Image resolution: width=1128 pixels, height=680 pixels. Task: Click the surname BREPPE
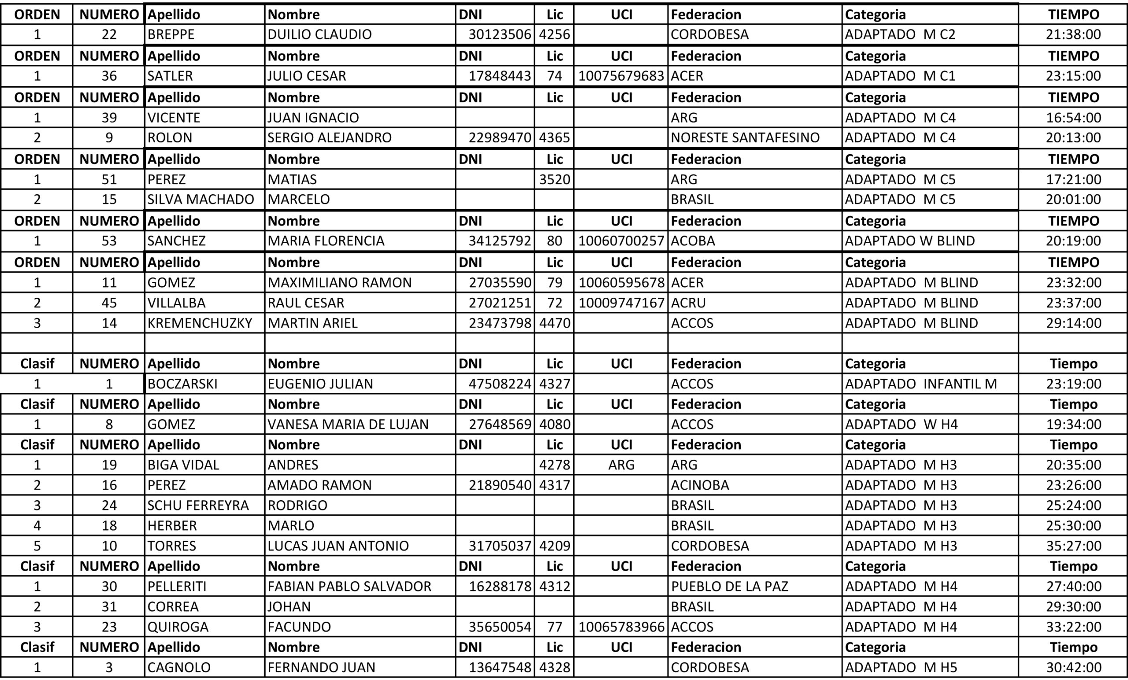(x=171, y=34)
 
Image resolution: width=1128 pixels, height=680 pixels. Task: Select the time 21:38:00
(x=1073, y=34)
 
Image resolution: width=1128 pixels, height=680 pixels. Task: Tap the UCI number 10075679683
(x=621, y=76)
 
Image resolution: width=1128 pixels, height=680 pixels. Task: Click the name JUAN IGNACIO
(x=313, y=118)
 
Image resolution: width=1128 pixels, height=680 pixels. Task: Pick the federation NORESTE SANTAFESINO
(x=745, y=138)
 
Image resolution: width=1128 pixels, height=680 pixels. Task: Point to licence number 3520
(x=554, y=179)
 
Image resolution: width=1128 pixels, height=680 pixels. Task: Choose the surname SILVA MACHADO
(x=200, y=200)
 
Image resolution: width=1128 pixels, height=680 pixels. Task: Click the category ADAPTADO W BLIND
(x=909, y=241)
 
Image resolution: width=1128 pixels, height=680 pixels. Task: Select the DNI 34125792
(x=500, y=241)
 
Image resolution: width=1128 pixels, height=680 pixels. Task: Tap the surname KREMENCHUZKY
(x=200, y=324)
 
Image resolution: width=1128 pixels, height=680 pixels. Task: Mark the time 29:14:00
(x=1073, y=324)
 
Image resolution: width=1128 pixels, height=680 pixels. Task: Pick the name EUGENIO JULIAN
(x=320, y=384)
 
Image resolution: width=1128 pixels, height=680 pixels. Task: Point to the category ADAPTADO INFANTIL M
(x=920, y=384)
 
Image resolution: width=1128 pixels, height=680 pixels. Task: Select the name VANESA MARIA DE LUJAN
(x=348, y=425)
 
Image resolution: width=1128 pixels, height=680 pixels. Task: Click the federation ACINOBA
(x=700, y=485)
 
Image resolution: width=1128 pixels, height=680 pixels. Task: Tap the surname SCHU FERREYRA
(x=198, y=506)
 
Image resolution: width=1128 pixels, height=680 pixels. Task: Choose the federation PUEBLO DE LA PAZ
(x=729, y=587)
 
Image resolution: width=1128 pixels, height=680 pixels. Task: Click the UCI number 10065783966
(x=621, y=627)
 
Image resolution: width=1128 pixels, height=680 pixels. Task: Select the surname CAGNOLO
(x=178, y=668)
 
